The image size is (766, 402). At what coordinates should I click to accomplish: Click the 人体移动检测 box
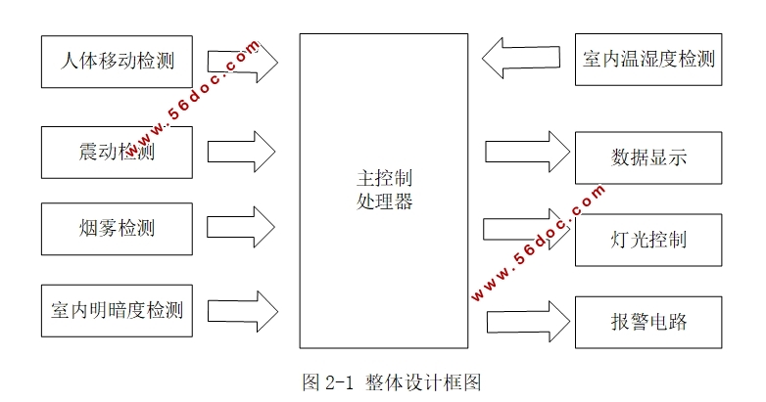(117, 61)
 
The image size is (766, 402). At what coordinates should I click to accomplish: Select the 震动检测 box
(117, 152)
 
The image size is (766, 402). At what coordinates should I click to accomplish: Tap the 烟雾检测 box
(117, 229)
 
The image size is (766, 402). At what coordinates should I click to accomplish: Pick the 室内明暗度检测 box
(117, 311)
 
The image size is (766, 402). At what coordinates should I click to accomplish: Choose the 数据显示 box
(647, 156)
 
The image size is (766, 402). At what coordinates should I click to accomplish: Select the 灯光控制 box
(647, 239)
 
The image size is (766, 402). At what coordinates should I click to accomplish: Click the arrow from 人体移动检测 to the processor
(244, 61)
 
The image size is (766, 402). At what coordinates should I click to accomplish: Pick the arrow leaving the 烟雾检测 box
(244, 228)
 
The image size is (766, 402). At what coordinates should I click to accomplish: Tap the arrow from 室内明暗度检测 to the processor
(244, 311)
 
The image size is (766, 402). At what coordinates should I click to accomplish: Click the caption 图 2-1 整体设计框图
(392, 381)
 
